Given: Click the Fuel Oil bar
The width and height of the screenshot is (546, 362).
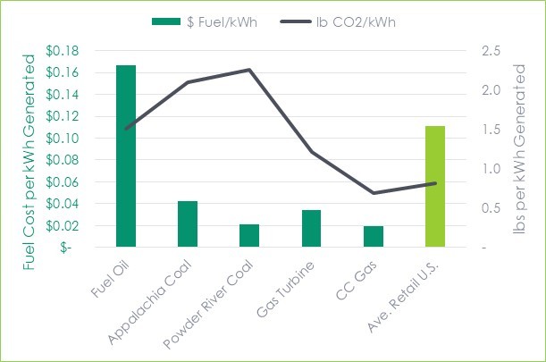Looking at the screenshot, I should (126, 156).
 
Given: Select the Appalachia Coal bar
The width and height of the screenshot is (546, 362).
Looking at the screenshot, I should (188, 224).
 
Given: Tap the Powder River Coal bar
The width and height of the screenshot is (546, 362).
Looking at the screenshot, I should (249, 236).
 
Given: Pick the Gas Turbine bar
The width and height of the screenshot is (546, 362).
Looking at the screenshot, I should (311, 229).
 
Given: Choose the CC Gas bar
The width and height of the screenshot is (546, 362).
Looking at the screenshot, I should (373, 237).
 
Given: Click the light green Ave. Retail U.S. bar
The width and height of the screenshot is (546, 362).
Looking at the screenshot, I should (434, 187).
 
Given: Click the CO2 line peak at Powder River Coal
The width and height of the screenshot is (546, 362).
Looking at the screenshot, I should (249, 70).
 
